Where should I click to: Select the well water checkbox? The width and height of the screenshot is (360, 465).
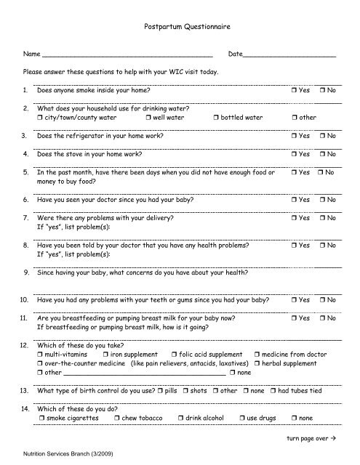pos(148,117)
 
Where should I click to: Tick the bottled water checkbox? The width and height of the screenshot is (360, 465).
pos(216,117)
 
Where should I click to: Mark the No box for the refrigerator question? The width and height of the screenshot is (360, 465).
pos(322,136)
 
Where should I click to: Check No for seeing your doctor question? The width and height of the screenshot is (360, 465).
pos(322,198)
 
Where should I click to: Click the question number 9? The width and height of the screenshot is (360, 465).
pos(26,273)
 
